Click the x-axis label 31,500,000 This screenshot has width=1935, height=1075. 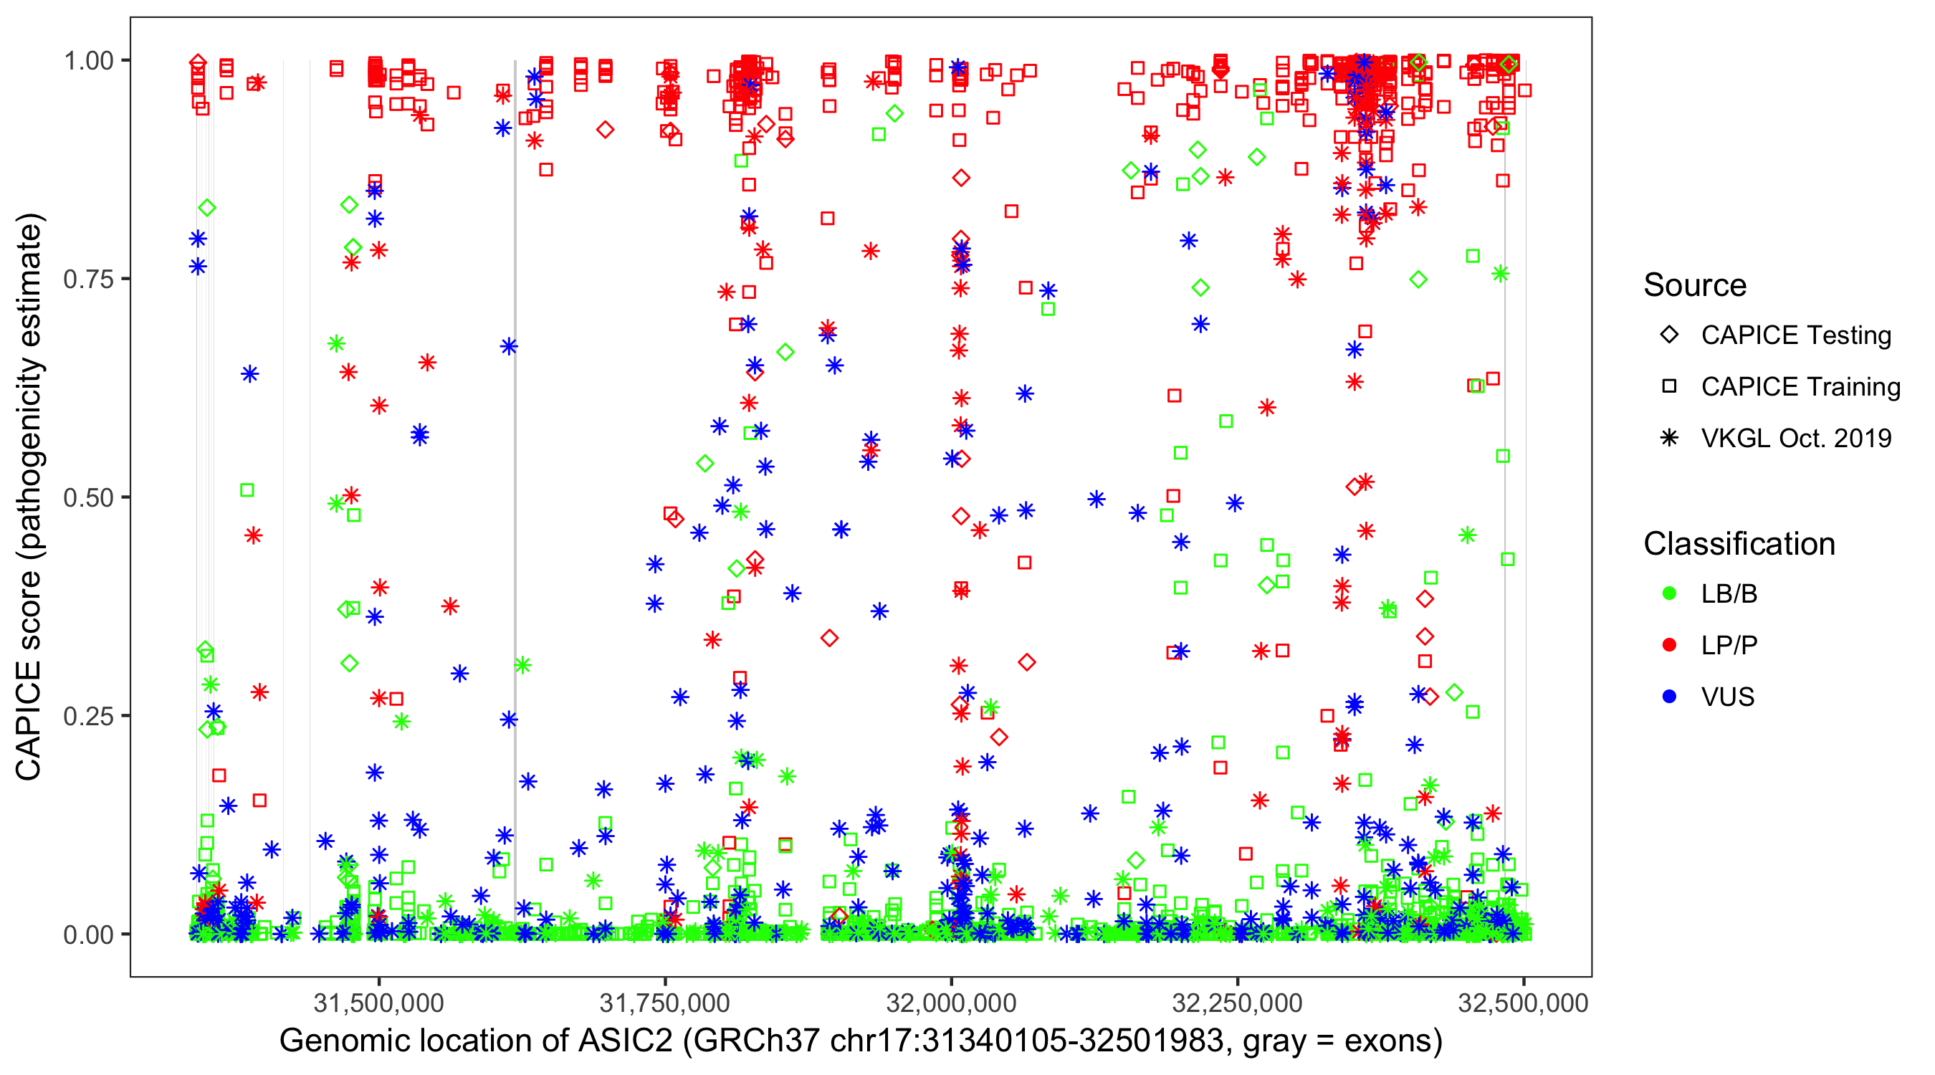point(378,1003)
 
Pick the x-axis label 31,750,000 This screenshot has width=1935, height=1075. point(665,1003)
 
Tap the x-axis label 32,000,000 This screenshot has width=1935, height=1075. point(951,1003)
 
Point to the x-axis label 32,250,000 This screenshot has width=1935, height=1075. point(1237,1003)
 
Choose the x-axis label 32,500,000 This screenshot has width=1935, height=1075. point(1524,1003)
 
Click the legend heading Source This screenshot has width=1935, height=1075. point(1695,285)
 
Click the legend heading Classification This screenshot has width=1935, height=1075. point(1739,544)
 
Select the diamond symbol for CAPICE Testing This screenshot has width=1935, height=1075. point(1669,335)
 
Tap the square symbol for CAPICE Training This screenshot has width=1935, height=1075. point(1669,387)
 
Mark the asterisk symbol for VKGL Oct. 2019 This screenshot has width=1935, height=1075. point(1669,438)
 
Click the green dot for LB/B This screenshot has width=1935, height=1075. point(1669,594)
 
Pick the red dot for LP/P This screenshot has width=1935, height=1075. point(1669,645)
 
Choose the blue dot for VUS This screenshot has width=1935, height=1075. point(1669,697)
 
